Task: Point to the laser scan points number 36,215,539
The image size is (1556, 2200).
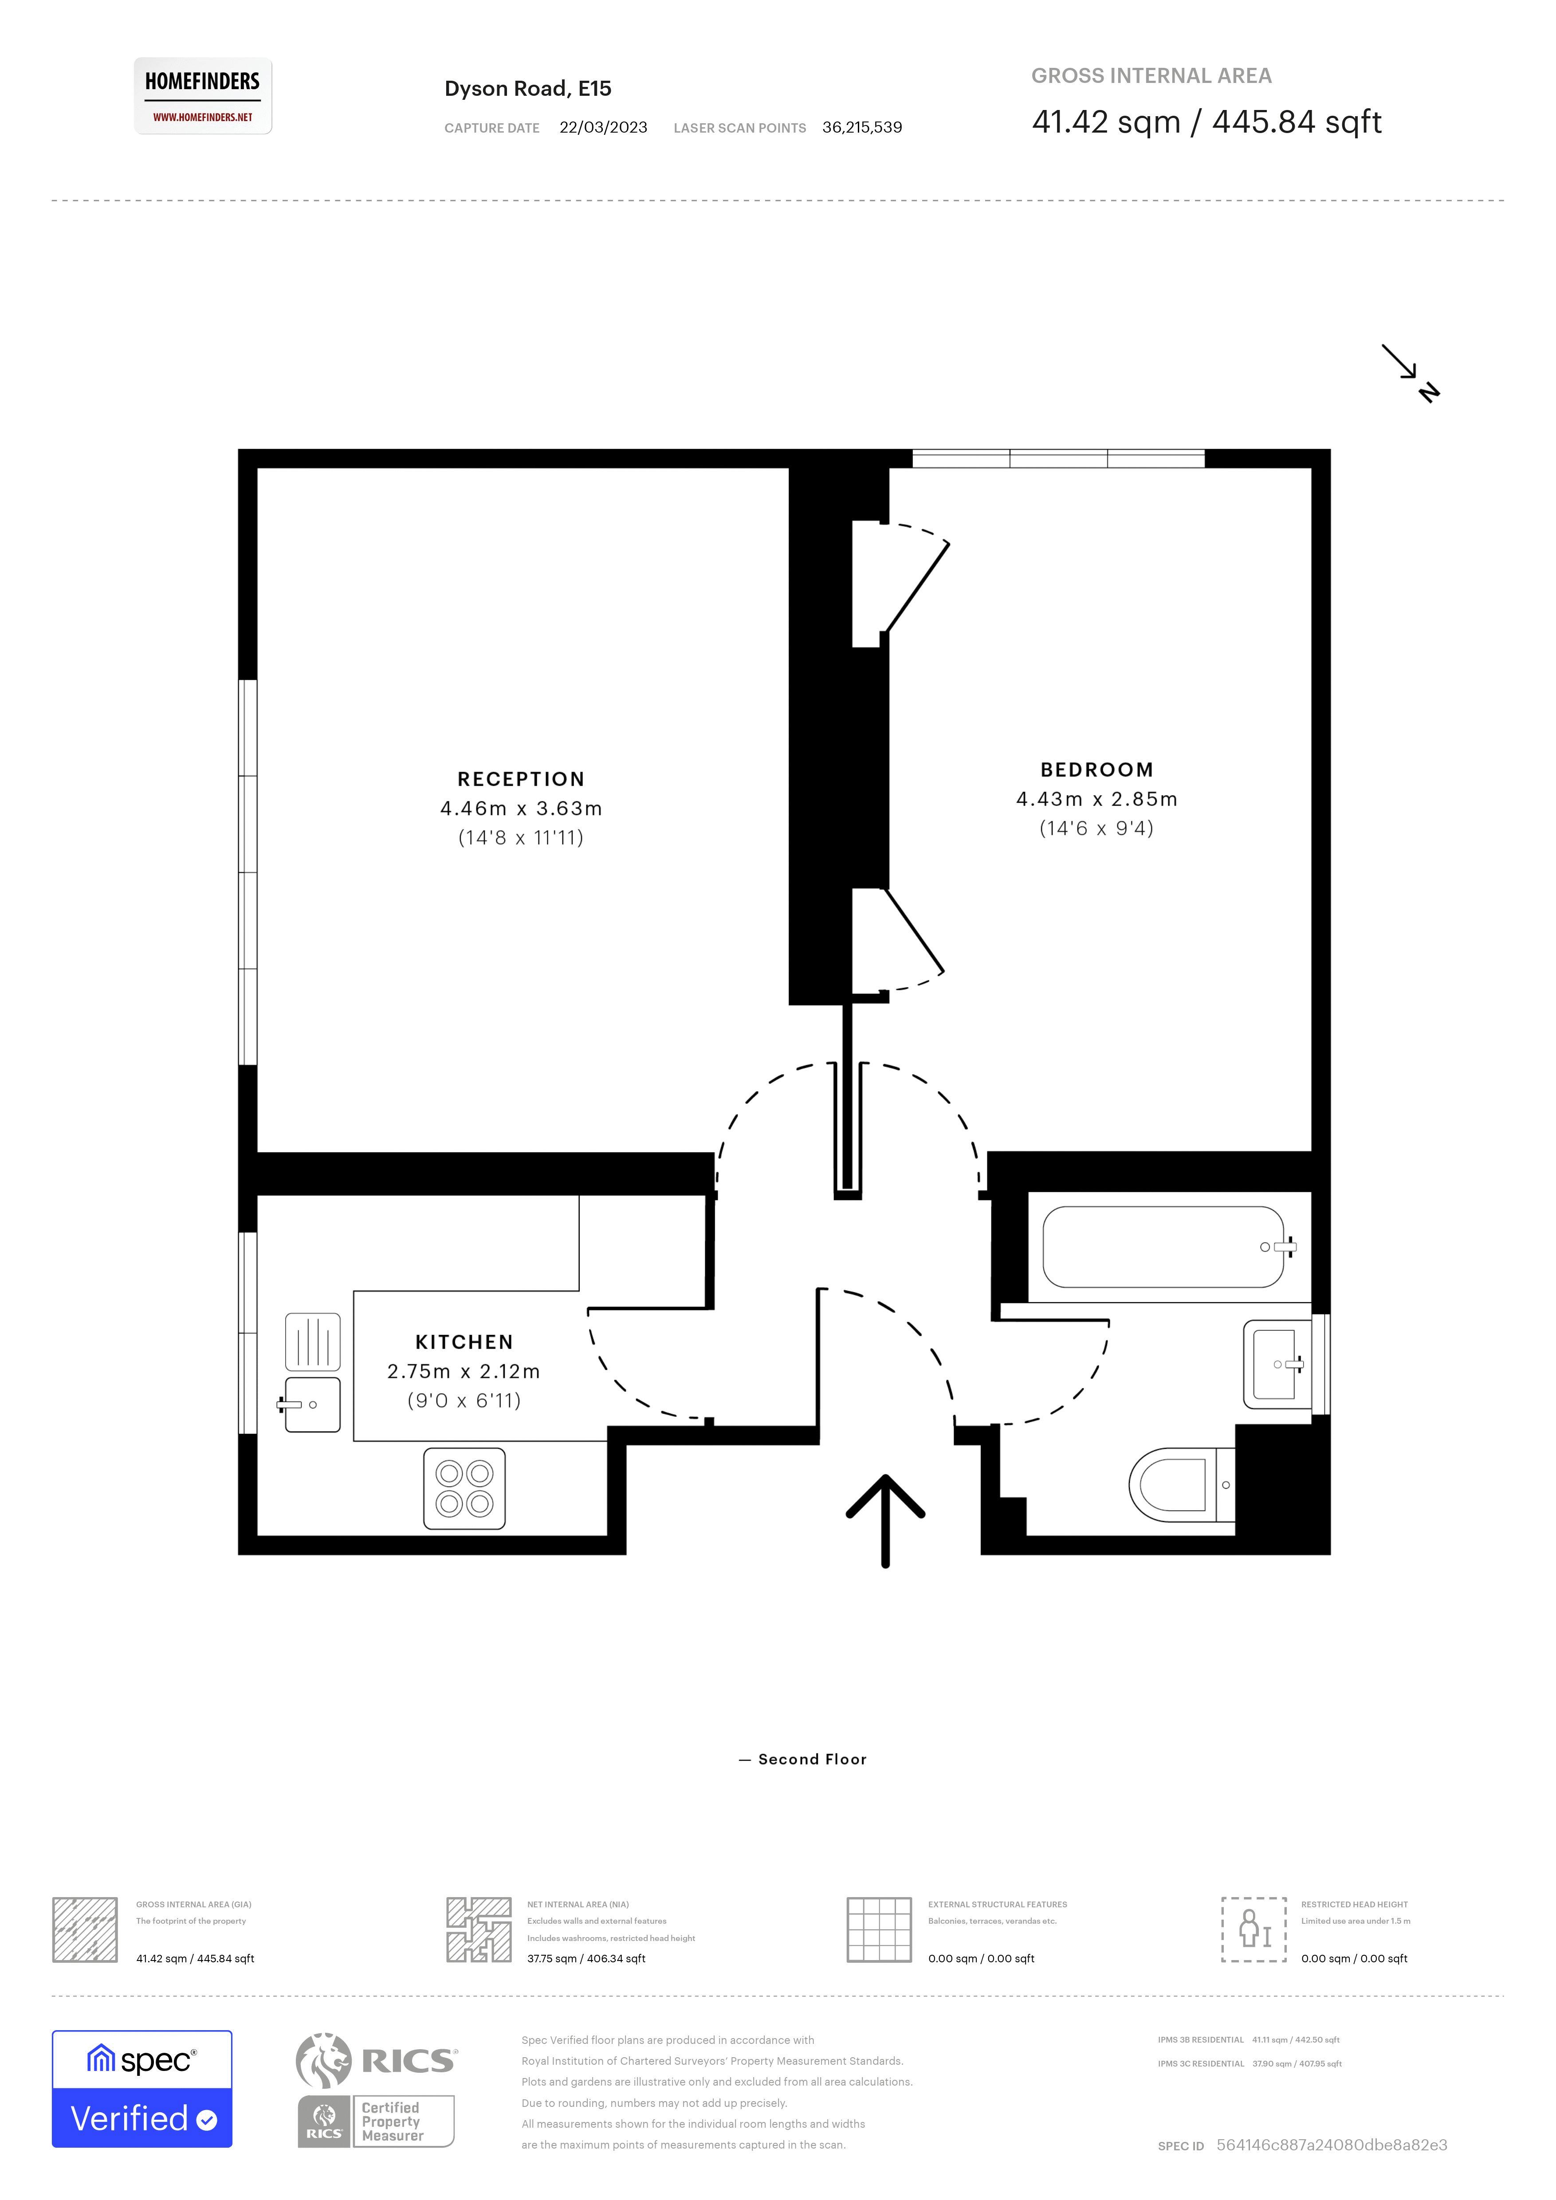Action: pos(861,127)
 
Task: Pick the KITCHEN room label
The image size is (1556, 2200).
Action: pos(464,1341)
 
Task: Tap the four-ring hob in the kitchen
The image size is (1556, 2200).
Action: pos(465,1488)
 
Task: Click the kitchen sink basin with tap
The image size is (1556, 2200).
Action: pos(312,1405)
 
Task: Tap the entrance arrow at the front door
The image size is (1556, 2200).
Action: pos(885,1519)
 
